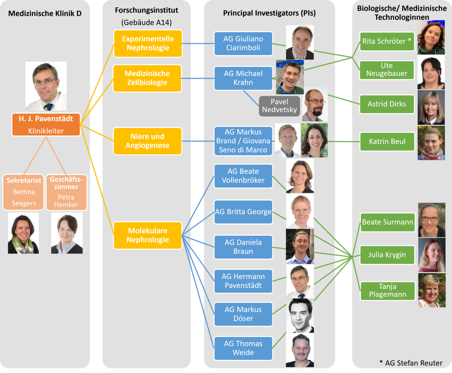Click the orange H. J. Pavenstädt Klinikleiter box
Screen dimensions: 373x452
pos(46,124)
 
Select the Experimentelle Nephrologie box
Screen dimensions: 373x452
pos(148,43)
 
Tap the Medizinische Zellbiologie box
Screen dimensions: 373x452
pos(148,78)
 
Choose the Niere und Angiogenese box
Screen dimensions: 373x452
pos(148,141)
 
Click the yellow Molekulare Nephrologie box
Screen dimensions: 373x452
pos(148,235)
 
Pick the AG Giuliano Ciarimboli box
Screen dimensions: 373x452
pos(243,43)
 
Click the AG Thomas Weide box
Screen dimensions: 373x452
pos(243,348)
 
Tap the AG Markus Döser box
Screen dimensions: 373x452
pos(243,314)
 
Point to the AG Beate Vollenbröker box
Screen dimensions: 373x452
pos(243,176)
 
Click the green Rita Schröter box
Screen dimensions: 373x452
pos(387,41)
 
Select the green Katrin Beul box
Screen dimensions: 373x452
pos(387,142)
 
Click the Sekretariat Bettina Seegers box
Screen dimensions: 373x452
pos(24,192)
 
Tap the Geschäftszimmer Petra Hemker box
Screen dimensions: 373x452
pos(66,192)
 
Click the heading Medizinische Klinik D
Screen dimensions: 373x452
pos(45,14)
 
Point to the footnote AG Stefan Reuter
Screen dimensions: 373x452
pos(411,363)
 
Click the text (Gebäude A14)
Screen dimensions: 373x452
pos(147,23)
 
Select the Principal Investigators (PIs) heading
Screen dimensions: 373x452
pos(269,13)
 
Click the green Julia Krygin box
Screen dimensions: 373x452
pos(387,255)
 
